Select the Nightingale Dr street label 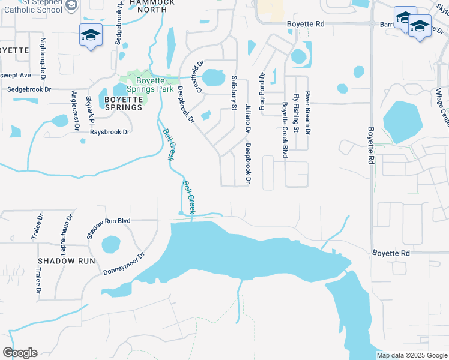click(43, 58)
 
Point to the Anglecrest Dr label click(74, 110)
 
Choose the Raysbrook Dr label click(106, 132)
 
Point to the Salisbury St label click(234, 93)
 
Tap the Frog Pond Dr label click(262, 91)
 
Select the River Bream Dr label click(307, 113)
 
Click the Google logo click(20, 353)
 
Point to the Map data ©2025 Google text click(412, 355)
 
